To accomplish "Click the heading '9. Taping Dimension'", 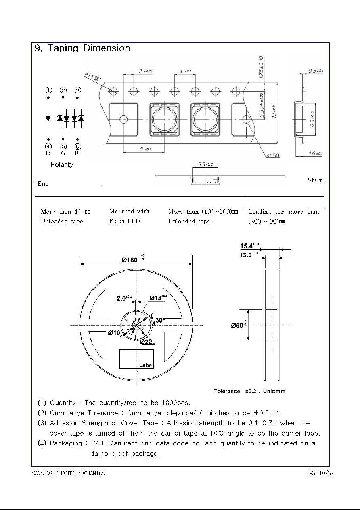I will point(82,48).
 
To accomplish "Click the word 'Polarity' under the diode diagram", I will point(62,165).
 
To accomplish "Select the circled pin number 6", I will point(77,146).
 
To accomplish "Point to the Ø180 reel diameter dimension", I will point(130,260).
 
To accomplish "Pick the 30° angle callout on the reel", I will point(159,320).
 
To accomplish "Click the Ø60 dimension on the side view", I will point(238,325).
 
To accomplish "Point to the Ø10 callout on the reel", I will point(114,333).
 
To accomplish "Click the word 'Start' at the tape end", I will point(314,180).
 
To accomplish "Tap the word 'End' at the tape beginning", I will point(43,184).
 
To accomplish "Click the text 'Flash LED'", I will point(124,221).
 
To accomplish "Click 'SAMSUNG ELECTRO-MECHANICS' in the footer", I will point(69,473).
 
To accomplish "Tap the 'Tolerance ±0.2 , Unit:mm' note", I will point(251,391).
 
